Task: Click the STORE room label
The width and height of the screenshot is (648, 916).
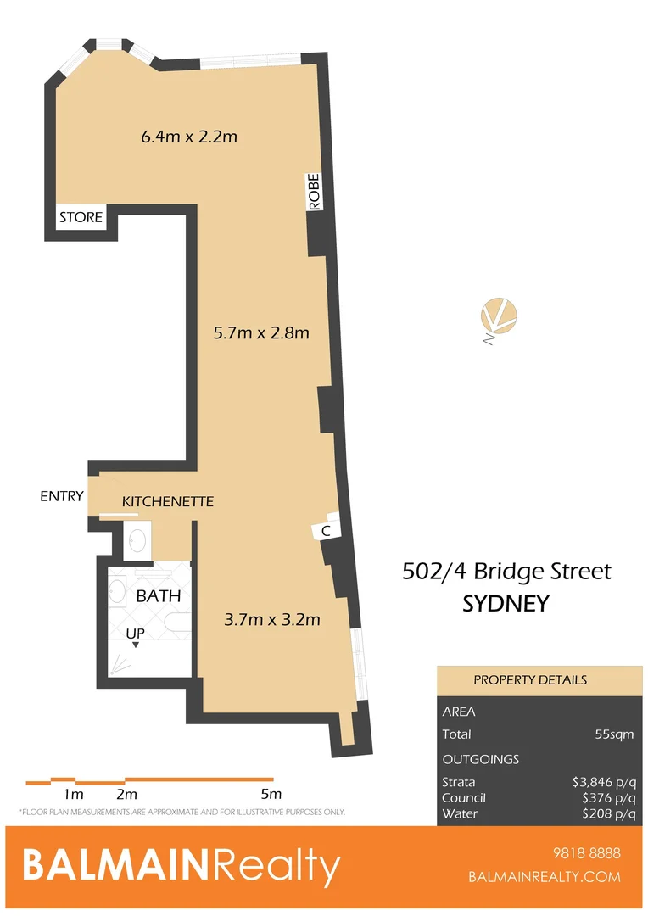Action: tap(81, 218)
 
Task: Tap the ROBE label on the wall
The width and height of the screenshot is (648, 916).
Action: tap(314, 193)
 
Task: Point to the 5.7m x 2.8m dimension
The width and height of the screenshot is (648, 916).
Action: tap(260, 332)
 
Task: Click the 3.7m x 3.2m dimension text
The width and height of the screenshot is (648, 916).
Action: tap(271, 619)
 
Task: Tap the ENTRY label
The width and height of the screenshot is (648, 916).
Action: tap(62, 496)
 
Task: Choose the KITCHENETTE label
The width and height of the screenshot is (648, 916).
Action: tap(168, 502)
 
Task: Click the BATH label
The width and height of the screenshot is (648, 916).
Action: tap(159, 596)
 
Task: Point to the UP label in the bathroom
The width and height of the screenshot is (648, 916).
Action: tap(135, 634)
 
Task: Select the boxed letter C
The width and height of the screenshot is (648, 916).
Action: tap(326, 531)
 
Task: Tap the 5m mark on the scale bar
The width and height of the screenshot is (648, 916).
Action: tap(271, 795)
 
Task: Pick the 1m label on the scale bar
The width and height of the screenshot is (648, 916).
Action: tap(74, 795)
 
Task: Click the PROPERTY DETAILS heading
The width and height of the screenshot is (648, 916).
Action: tap(529, 680)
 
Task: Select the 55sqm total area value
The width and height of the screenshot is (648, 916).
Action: tap(617, 734)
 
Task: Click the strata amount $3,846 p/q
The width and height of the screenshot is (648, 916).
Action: tap(603, 782)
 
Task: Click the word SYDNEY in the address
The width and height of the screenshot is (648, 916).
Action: tap(506, 604)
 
